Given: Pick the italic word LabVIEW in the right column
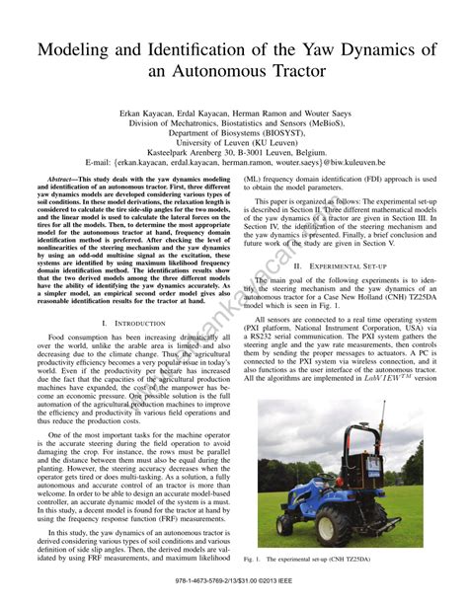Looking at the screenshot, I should (394, 377).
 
